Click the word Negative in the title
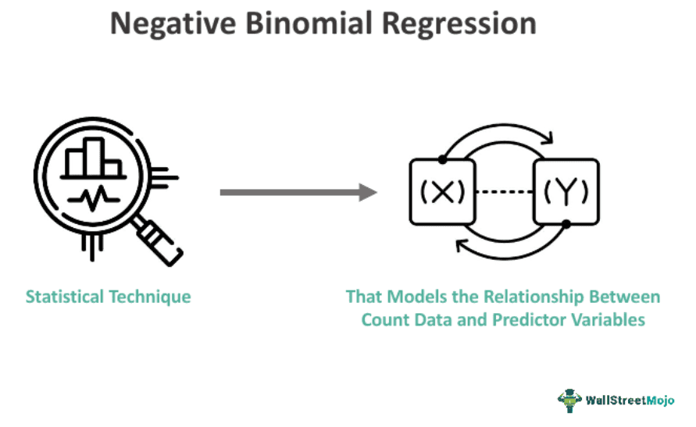tap(173, 24)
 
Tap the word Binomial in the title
tap(309, 23)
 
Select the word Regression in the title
tap(459, 24)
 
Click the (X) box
tap(443, 192)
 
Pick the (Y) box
tap(566, 192)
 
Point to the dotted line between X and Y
tap(505, 192)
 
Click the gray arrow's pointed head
tap(369, 192)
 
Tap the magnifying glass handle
tap(159, 240)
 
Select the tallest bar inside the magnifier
tap(94, 157)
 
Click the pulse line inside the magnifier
tap(94, 198)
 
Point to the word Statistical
tap(65, 297)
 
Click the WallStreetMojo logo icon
tap(569, 400)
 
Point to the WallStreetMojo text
tap(630, 400)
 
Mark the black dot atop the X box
tap(443, 159)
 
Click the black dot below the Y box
tap(566, 224)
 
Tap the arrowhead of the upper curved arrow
tap(549, 138)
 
